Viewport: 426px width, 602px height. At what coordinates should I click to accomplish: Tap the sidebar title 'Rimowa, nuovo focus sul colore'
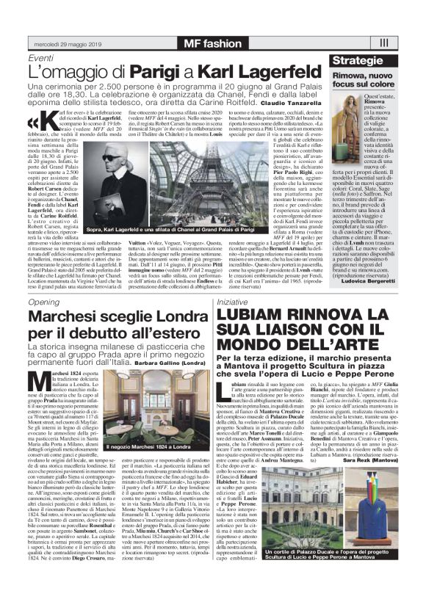(364, 80)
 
